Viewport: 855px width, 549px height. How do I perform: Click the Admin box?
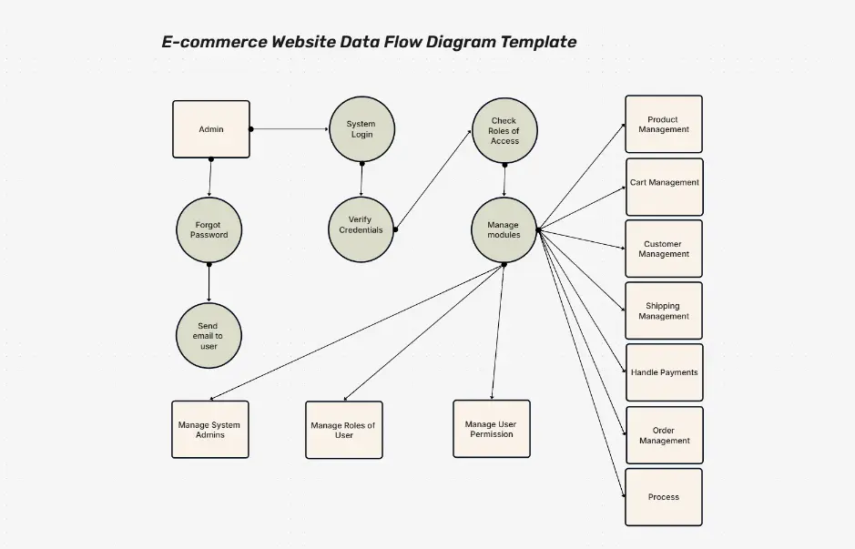211,129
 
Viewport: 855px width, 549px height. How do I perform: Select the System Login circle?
361,129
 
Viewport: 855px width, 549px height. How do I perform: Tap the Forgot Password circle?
209,229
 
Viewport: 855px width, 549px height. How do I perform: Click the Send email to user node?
209,335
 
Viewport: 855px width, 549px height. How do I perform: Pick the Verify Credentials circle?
361,225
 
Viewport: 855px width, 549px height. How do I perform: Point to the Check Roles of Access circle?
504,131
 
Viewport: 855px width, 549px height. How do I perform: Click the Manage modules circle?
504,230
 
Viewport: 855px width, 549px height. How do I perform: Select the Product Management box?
664,125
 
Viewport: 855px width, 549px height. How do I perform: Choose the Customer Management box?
664,249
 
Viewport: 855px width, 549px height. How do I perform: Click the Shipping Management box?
664,311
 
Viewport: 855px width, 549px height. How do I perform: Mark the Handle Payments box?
664,372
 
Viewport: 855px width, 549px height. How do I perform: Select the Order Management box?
664,435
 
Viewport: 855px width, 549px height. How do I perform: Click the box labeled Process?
664,497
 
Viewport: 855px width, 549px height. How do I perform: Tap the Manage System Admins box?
210,430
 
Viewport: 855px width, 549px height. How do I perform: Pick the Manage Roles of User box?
343,430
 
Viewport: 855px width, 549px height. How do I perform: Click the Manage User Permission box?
492,429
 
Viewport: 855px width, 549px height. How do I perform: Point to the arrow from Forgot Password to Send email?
209,284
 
